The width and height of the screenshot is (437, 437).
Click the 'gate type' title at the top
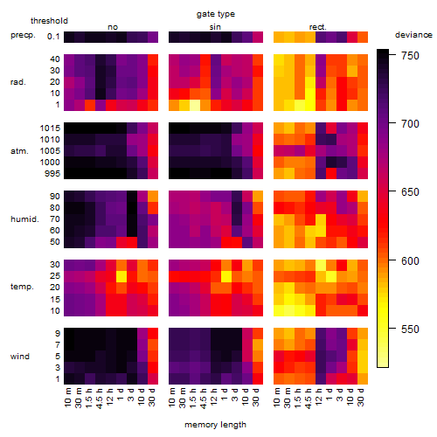pos(216,14)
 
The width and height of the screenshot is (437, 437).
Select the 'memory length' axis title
pos(215,425)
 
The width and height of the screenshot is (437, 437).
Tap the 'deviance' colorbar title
pos(413,35)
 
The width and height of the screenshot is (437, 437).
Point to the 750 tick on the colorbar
pos(392,54)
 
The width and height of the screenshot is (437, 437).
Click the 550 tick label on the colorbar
pos(410,329)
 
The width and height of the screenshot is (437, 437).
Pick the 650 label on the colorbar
pos(410,192)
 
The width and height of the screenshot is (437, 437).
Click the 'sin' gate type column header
pos(215,27)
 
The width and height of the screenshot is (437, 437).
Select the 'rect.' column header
pos(318,27)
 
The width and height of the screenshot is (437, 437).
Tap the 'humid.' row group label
pos(24,219)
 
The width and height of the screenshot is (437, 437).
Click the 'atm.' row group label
pos(19,151)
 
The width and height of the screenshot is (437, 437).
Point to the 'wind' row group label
pos(20,357)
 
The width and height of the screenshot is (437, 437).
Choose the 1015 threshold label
pos(50,128)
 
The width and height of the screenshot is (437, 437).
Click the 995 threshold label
pos(52,174)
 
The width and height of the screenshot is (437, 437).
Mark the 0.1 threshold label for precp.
pos(53,37)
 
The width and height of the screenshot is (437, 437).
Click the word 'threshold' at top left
pos(49,21)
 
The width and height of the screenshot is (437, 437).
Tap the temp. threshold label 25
pos(55,276)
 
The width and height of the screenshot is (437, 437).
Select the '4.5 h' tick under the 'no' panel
pos(99,399)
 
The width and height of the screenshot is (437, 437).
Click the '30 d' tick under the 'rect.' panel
pos(361,397)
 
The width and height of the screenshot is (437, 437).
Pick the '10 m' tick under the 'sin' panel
pos(172,398)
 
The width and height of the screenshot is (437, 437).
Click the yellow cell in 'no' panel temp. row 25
pos(121,276)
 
